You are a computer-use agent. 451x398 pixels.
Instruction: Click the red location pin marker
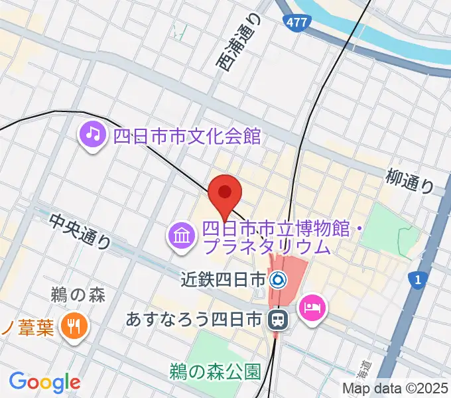pyautogui.click(x=224, y=192)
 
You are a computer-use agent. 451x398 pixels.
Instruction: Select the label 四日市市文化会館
pyautogui.click(x=187, y=136)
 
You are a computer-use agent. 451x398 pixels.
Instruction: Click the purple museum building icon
pyautogui.click(x=181, y=235)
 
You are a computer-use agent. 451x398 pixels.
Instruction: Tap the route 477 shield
pyautogui.click(x=296, y=23)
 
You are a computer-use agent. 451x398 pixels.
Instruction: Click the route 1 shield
pyautogui.click(x=417, y=281)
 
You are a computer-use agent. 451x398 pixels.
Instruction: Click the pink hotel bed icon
pyautogui.click(x=310, y=306)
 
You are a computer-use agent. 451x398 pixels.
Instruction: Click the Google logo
pyautogui.click(x=44, y=381)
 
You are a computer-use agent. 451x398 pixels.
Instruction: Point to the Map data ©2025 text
pyautogui.click(x=395, y=389)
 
